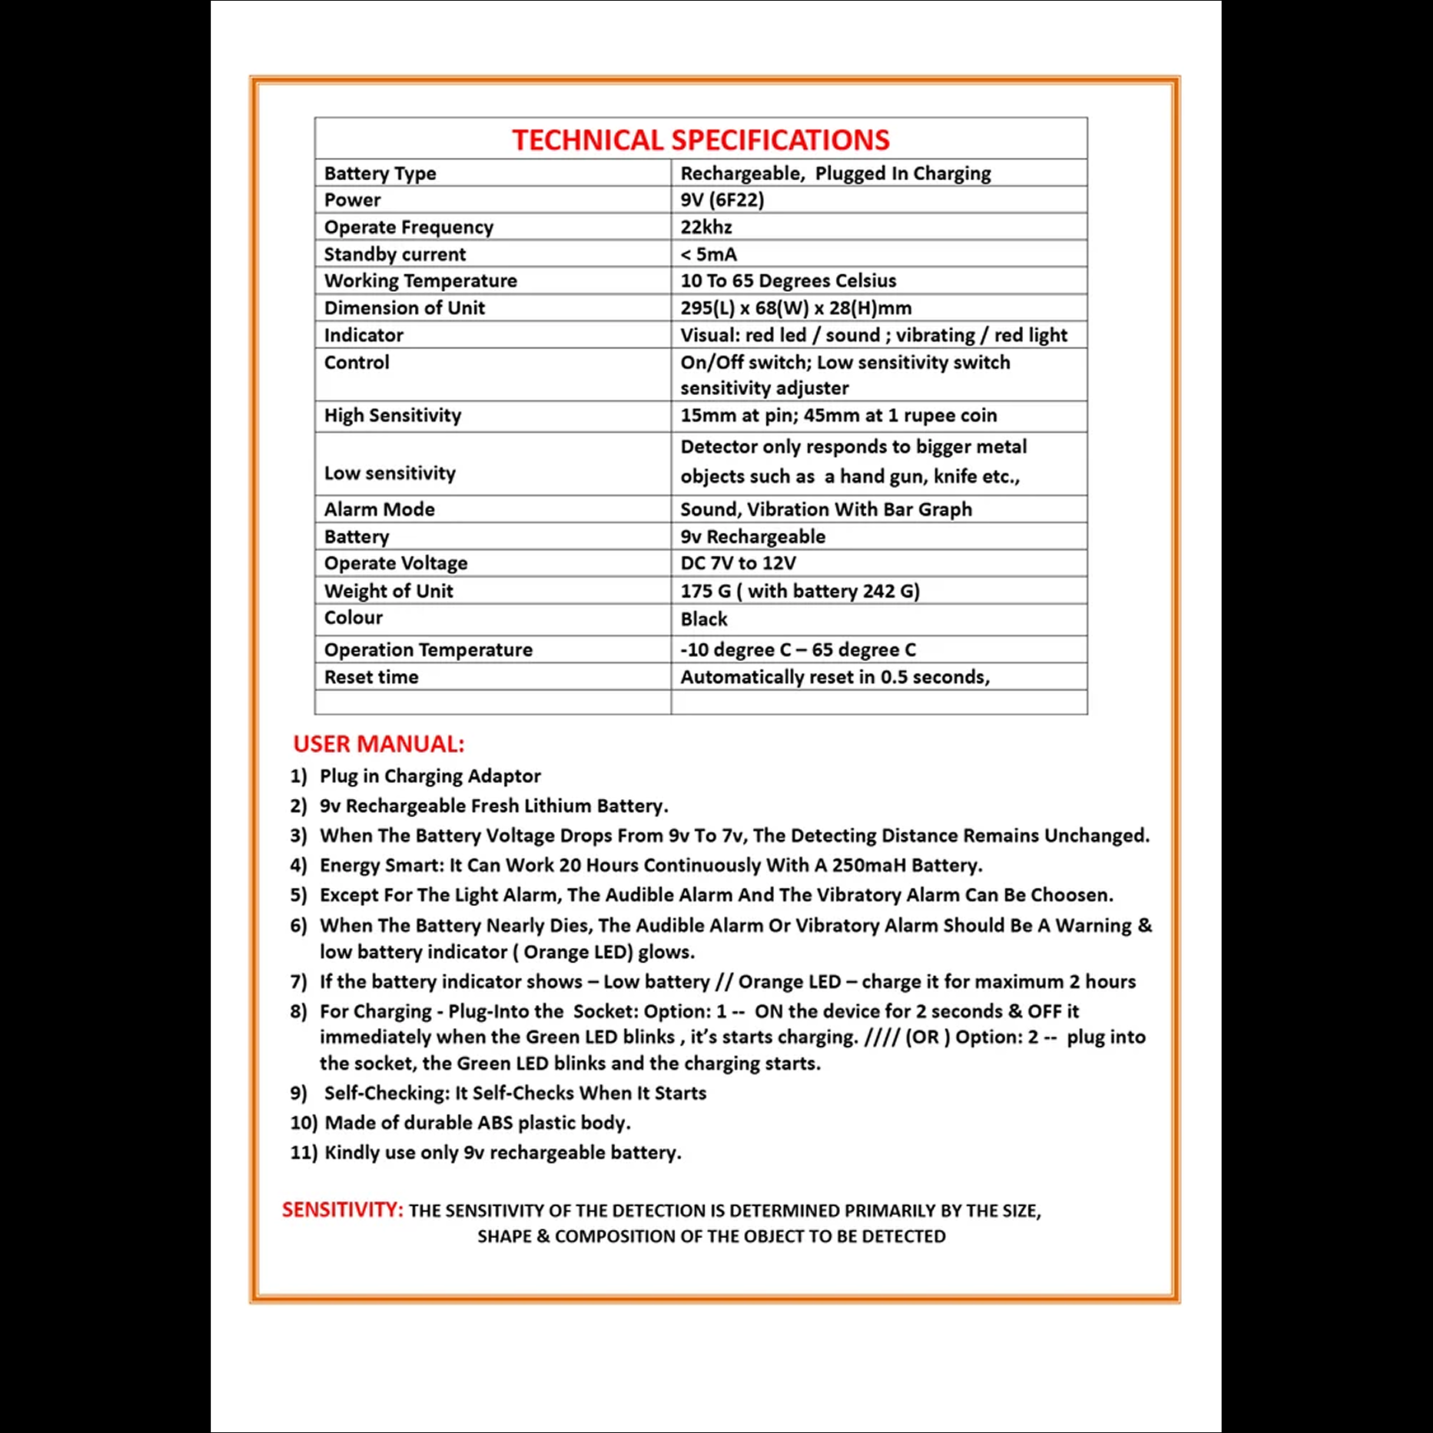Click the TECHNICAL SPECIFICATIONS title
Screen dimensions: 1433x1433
click(700, 140)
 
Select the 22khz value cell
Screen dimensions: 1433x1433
click(706, 227)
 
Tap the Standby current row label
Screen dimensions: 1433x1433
click(395, 254)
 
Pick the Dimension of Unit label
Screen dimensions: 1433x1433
click(404, 308)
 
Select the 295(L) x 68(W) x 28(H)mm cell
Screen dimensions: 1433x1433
click(796, 308)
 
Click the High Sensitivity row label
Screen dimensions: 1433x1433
click(392, 415)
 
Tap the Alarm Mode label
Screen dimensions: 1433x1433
click(379, 509)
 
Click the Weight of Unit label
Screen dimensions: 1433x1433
click(388, 591)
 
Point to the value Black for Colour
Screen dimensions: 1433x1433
click(704, 619)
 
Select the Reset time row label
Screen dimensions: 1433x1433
click(371, 677)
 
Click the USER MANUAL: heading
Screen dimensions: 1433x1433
click(378, 744)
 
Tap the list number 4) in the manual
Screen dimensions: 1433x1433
click(298, 865)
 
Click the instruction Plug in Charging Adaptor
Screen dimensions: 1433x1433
click(430, 776)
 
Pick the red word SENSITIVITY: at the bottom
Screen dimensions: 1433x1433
click(342, 1210)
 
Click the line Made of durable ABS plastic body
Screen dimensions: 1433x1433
click(477, 1123)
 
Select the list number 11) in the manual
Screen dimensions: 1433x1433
click(303, 1153)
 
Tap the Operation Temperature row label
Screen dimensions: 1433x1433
click(428, 650)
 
